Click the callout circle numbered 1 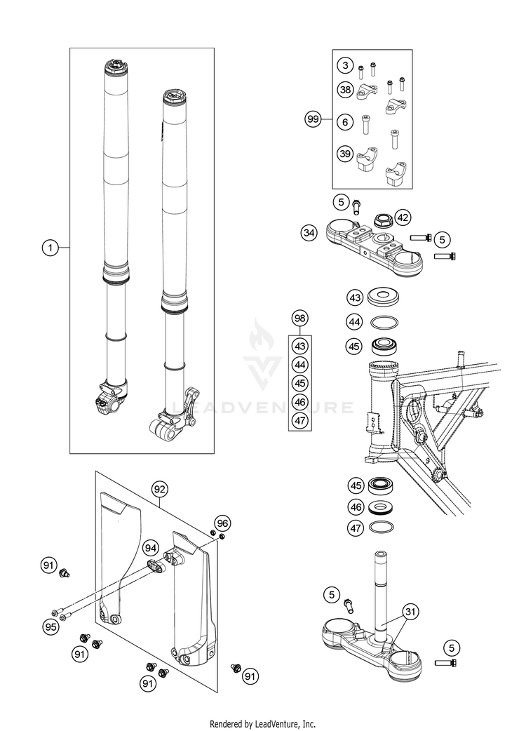pyautogui.click(x=49, y=247)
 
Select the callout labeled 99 pyautogui.click(x=313, y=119)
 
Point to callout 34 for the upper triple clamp pyautogui.click(x=309, y=231)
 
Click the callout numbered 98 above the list pyautogui.click(x=300, y=319)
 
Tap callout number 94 pyautogui.click(x=149, y=547)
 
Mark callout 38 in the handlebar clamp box pyautogui.click(x=344, y=90)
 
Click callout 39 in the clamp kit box pyautogui.click(x=344, y=154)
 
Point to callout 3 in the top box pyautogui.click(x=344, y=66)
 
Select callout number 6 pyautogui.click(x=344, y=122)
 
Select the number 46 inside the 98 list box pyautogui.click(x=300, y=402)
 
